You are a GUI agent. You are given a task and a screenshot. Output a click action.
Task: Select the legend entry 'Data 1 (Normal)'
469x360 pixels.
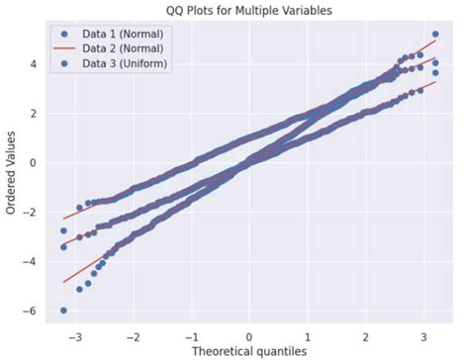(x=123, y=33)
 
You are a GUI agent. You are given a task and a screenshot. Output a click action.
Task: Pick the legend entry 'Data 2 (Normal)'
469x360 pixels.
(x=123, y=48)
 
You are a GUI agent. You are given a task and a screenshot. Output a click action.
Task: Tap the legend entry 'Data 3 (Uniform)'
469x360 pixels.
(x=126, y=64)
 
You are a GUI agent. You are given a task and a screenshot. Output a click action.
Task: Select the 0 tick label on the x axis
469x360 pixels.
(x=249, y=334)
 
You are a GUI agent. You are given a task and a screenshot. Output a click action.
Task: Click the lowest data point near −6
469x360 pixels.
(x=63, y=310)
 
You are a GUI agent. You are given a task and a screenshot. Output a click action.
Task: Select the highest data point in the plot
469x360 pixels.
(x=434, y=35)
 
